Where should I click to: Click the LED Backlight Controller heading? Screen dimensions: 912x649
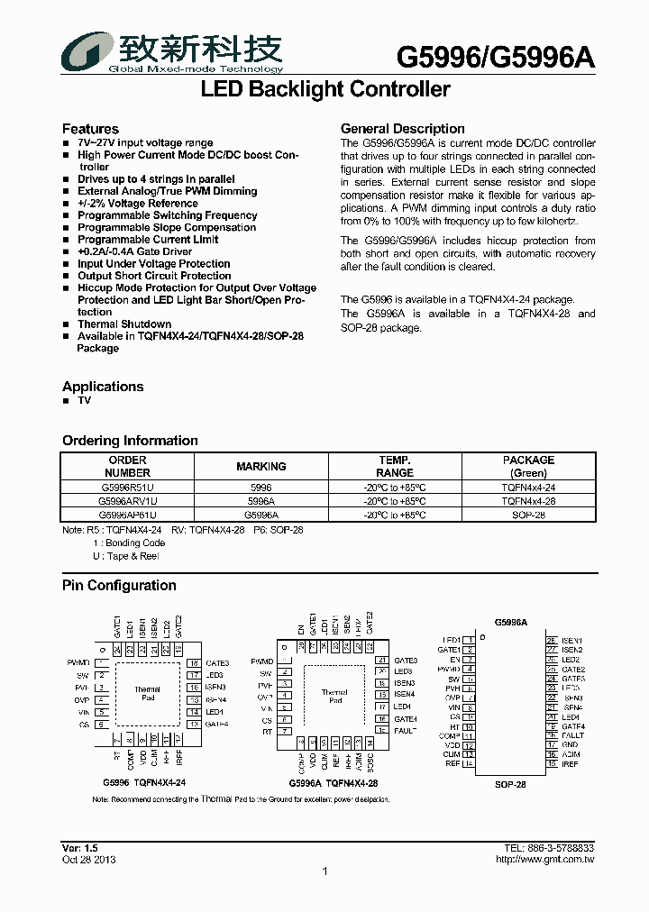tap(324, 90)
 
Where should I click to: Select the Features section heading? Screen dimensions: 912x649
tap(90, 129)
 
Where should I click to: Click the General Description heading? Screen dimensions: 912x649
tap(402, 129)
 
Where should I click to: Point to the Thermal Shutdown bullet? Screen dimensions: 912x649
tap(124, 324)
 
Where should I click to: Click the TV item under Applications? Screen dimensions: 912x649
tap(84, 400)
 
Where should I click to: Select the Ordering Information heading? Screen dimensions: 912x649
tap(130, 441)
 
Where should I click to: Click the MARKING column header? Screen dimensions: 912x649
tap(261, 467)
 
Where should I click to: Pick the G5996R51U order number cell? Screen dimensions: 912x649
tap(127, 487)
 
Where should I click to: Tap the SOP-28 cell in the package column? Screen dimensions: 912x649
tap(528, 515)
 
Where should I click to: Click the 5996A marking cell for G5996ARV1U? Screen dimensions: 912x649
tap(261, 501)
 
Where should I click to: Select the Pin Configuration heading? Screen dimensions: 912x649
tap(119, 586)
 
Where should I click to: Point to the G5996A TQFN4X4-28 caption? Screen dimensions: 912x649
tap(334, 784)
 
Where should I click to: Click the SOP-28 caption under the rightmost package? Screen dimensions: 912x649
tap(510, 784)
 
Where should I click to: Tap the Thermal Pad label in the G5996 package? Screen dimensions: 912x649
tap(147, 693)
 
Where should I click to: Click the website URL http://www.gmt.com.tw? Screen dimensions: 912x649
tap(544, 860)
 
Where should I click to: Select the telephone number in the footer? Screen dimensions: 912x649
tap(549, 849)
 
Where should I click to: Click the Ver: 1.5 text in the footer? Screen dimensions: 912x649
tap(79, 849)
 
